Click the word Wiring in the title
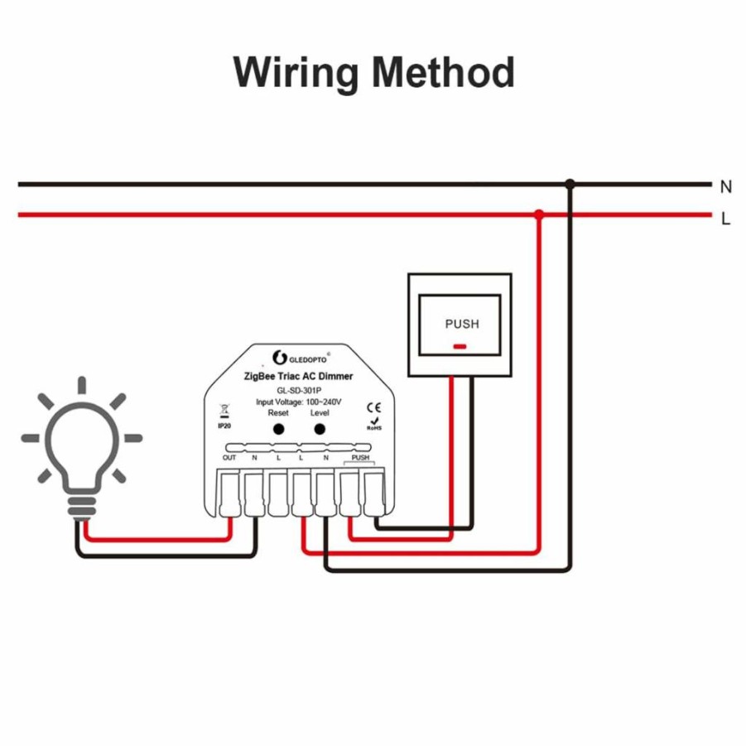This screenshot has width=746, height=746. point(296,73)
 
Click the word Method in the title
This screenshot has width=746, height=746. point(444,72)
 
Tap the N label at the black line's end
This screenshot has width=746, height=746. point(726,187)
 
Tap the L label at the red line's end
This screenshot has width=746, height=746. point(725,219)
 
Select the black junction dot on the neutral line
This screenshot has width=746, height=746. point(570,184)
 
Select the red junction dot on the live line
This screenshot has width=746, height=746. point(539,214)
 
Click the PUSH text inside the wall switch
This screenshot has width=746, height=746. point(462,324)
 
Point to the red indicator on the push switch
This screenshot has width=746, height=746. point(460,346)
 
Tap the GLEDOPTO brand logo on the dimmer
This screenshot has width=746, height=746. point(301,358)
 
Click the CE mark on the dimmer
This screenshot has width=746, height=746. point(374,407)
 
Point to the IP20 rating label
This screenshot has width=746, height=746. point(224,426)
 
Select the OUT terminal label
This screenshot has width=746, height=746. point(229,458)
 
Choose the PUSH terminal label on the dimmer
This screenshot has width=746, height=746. point(360,458)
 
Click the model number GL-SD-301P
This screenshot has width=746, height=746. point(299,391)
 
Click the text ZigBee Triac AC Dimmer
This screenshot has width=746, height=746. point(298,377)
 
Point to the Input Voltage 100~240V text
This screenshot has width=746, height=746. point(298,402)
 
